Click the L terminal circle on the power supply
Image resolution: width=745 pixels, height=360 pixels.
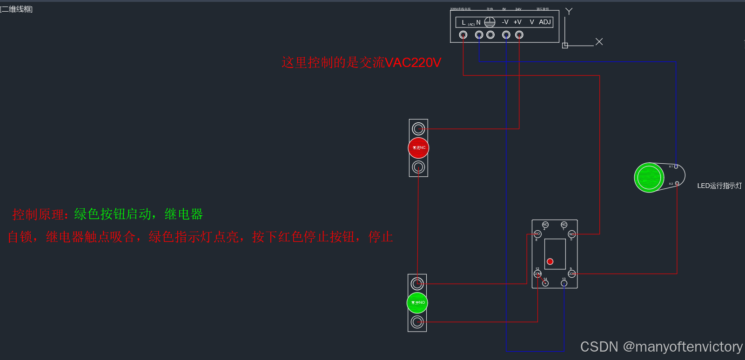(463, 35)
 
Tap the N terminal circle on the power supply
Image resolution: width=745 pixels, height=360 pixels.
(479, 35)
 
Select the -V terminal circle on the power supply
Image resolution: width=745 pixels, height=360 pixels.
(506, 35)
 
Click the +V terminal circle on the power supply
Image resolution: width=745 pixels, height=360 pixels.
(519, 35)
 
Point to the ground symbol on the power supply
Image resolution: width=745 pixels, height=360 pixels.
(490, 22)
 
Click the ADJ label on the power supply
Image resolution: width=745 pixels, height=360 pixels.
(545, 22)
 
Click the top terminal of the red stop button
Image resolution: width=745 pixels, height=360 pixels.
(418, 128)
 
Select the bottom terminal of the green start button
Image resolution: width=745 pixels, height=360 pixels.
(417, 322)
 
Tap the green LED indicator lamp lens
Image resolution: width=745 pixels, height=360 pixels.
(649, 177)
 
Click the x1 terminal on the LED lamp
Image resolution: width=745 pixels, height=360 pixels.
(676, 167)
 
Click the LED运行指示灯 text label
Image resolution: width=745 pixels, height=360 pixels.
(719, 186)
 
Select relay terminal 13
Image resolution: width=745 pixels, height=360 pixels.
(564, 283)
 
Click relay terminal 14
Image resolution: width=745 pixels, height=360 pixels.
(545, 283)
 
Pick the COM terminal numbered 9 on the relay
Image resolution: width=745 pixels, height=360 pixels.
(571, 273)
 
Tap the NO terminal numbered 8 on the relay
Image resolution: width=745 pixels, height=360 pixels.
(537, 234)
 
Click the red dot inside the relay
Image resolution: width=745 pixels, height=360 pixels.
(550, 261)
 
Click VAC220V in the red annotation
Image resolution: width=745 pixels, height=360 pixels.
(413, 62)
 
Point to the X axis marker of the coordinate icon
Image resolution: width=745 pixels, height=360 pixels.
(599, 42)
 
